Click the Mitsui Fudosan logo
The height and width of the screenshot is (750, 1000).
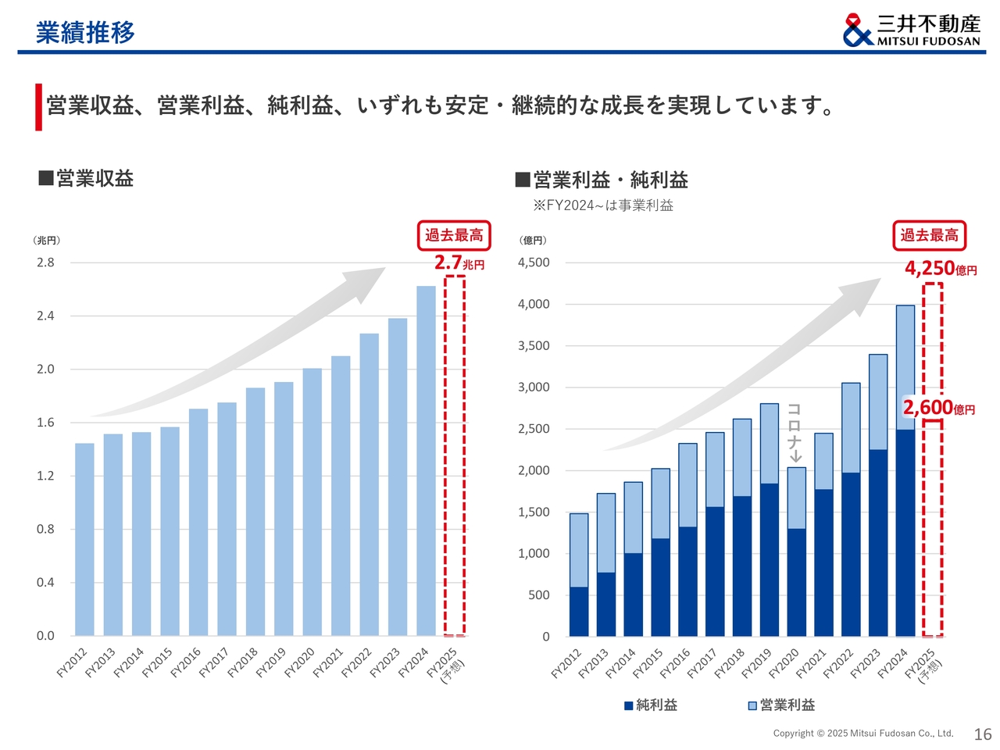coord(911,30)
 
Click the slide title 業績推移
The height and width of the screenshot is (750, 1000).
coord(85,32)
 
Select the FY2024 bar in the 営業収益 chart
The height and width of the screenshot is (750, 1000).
coord(426,460)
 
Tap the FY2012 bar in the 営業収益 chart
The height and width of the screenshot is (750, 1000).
coord(84,539)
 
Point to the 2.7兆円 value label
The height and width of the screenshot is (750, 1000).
coord(459,262)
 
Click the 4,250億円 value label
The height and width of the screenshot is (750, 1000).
coord(940,269)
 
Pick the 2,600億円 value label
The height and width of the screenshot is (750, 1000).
coord(938,408)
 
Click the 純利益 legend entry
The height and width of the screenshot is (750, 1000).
coord(650,705)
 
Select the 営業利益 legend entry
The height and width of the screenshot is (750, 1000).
coord(781,705)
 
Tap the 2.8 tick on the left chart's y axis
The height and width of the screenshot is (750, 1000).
coord(45,262)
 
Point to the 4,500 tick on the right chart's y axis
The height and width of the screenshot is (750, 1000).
coord(534,262)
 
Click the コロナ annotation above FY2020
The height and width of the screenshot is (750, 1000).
coord(794,432)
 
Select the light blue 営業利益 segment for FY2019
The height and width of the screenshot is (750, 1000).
coord(770,443)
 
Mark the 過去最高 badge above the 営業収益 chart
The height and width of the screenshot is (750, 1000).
coord(454,235)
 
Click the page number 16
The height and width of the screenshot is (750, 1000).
coord(982,734)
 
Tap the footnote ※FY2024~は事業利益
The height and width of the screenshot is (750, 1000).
coord(602,205)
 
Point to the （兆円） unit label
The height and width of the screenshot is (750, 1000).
coord(46,240)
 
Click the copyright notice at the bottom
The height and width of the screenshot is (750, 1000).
coord(862,734)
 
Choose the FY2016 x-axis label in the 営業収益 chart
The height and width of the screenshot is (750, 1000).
coord(185,662)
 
